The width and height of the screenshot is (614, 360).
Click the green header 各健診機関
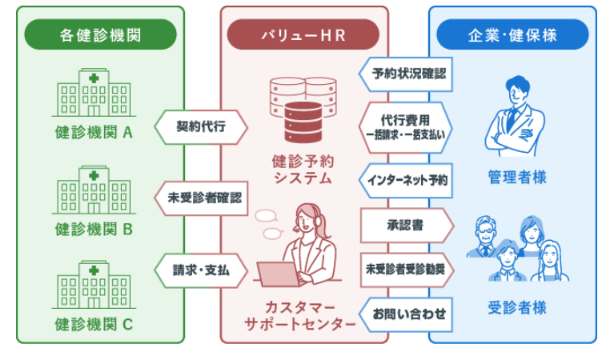point(100,35)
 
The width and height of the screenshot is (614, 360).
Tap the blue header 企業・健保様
point(512,35)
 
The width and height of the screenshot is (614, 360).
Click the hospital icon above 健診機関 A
point(93,93)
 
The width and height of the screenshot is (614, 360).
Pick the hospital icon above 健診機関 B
point(93,190)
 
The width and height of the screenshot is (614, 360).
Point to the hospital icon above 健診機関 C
point(93,286)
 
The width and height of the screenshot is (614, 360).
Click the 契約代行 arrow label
point(200,126)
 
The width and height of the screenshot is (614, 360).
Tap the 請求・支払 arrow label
point(200,270)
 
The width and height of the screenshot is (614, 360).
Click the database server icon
point(303,104)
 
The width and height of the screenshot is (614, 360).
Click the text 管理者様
point(517,178)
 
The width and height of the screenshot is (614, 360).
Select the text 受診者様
point(517,307)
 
